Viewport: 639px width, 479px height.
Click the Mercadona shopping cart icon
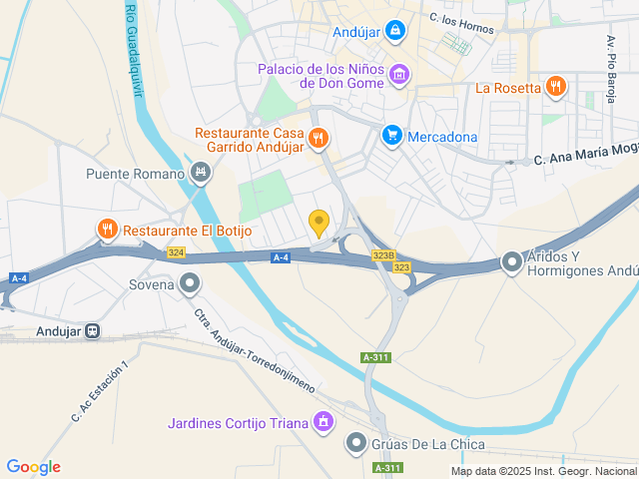392,136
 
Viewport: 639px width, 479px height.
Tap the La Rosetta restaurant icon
556,87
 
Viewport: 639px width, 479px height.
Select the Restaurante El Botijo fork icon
107,231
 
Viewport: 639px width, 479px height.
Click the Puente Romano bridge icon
201,174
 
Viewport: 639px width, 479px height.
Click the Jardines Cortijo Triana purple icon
322,423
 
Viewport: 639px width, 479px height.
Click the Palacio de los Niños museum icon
399,74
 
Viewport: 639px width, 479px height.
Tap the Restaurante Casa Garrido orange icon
319,138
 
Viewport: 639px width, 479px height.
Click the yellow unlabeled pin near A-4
319,223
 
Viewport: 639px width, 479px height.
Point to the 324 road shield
177,252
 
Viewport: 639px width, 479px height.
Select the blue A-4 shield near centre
281,257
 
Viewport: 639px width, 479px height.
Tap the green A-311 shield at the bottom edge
387,467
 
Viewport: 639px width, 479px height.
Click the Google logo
33,467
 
